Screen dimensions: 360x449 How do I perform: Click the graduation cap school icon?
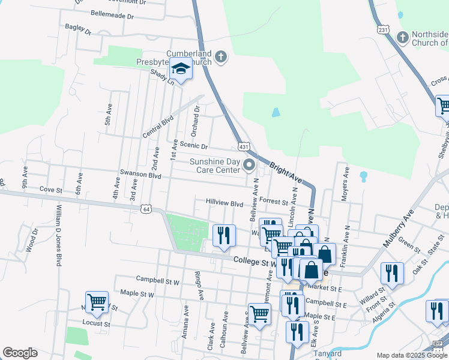pyautogui.click(x=181, y=70)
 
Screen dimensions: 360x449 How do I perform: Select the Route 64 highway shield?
pyautogui.click(x=146, y=209)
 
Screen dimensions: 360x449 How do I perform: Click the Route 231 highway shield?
pyautogui.click(x=384, y=29)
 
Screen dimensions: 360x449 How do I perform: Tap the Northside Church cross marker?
pyautogui.click(x=402, y=37)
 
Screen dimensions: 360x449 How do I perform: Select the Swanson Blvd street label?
pyautogui.click(x=141, y=176)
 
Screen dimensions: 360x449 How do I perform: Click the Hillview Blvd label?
pyautogui.click(x=224, y=203)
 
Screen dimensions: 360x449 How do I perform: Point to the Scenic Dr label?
pyautogui.click(x=193, y=146)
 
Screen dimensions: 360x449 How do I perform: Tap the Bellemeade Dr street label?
pyautogui.click(x=112, y=13)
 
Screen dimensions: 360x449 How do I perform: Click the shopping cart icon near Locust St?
pyautogui.click(x=97, y=303)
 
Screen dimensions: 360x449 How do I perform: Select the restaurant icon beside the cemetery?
pyautogui.click(x=224, y=235)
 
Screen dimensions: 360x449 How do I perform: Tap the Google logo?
pyautogui.click(x=20, y=353)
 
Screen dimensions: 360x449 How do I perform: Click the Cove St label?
pyautogui.click(x=51, y=190)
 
